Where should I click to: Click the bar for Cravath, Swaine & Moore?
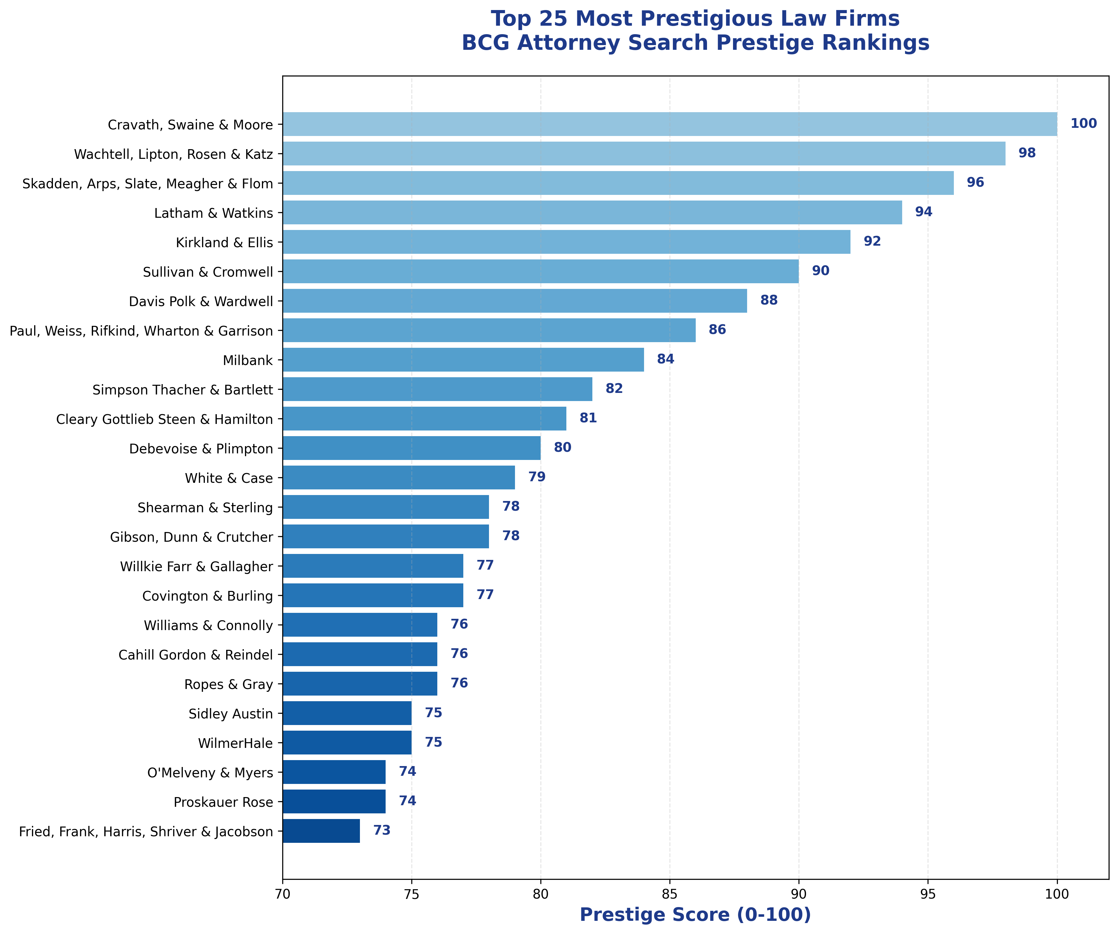click(x=670, y=124)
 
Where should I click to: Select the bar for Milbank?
click(x=463, y=359)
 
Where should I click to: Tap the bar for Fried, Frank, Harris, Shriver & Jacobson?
click(x=321, y=831)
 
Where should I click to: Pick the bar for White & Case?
click(x=399, y=477)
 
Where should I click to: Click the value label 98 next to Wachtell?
click(x=1027, y=153)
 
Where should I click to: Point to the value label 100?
click(x=1084, y=124)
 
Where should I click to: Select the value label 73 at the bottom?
click(x=382, y=831)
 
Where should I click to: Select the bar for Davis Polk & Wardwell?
click(x=515, y=301)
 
